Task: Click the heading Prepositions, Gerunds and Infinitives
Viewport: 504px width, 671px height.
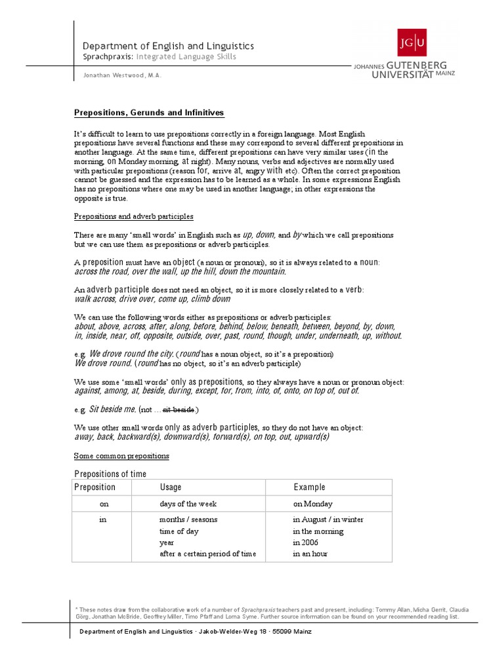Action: [x=149, y=113]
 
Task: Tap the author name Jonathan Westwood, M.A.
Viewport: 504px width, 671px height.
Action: [x=122, y=75]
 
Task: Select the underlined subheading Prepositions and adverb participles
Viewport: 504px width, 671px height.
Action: [x=134, y=216]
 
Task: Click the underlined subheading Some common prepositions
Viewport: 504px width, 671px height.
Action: [x=121, y=455]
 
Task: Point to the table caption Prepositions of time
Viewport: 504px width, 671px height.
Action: [x=110, y=474]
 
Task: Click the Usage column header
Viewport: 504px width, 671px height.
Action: [x=171, y=488]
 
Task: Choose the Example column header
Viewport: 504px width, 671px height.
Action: [x=309, y=488]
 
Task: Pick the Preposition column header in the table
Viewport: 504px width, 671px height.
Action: [x=95, y=488]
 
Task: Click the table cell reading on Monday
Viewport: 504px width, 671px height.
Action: [x=313, y=504]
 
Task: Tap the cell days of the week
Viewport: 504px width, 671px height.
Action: [x=188, y=504]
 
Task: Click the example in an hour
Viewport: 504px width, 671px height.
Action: [x=310, y=554]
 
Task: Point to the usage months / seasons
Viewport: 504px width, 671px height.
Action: [x=188, y=520]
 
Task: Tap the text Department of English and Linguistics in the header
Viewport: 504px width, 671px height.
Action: [x=168, y=46]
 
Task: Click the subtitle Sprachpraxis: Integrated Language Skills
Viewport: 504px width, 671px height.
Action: [x=159, y=57]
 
